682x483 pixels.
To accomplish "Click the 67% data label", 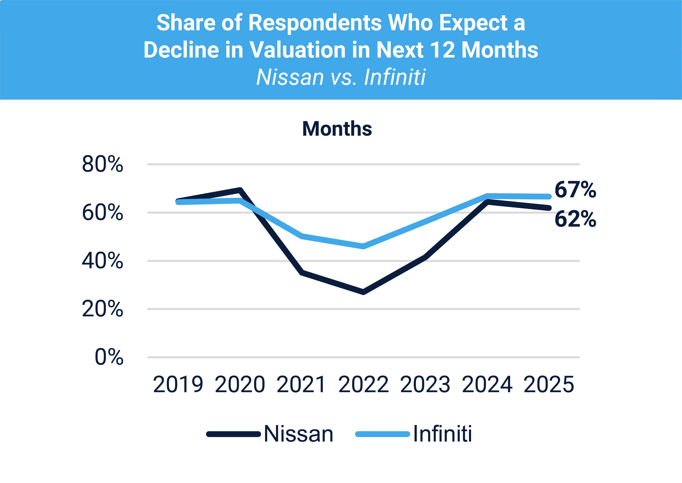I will (575, 190).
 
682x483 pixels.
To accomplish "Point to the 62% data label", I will (575, 219).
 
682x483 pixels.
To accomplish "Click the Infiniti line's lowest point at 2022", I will (363, 246).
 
